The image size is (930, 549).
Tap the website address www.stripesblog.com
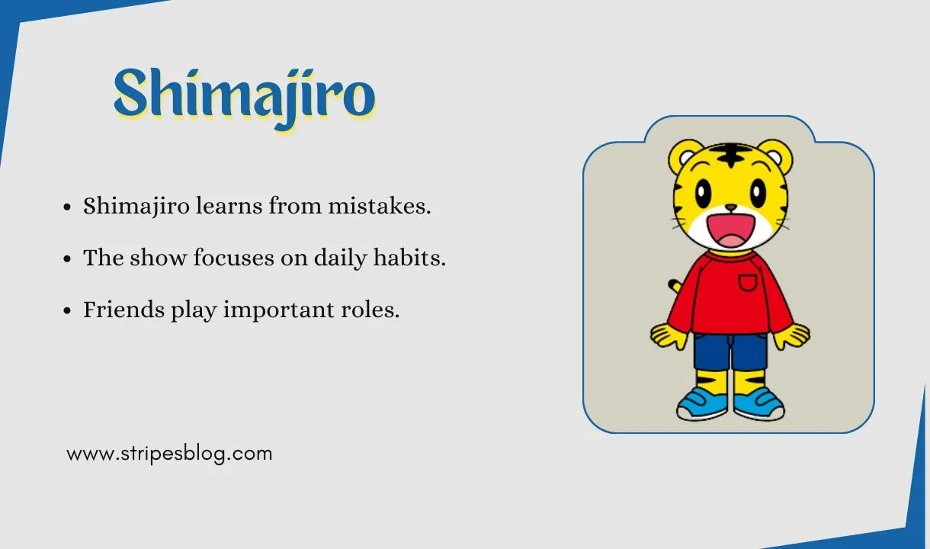tap(169, 454)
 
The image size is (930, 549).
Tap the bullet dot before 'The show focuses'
tap(68, 259)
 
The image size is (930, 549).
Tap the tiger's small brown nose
tap(730, 207)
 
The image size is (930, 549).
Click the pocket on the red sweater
tap(748, 284)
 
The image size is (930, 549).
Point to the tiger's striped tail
tap(675, 287)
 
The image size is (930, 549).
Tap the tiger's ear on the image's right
tap(775, 156)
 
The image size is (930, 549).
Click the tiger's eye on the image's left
tap(702, 191)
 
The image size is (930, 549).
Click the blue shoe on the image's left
tap(702, 404)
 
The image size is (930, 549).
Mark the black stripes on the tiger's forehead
tap(730, 156)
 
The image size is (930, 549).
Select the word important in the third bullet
tap(266, 310)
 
